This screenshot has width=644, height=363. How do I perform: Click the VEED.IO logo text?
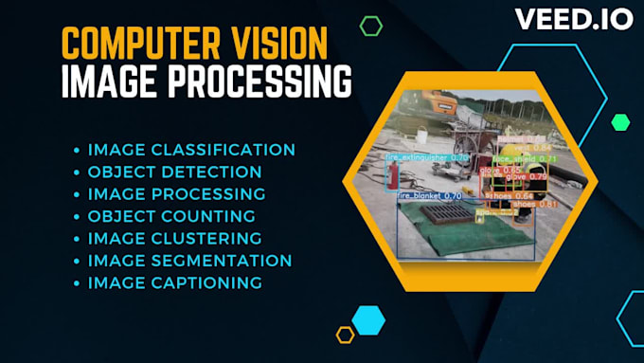click(x=575, y=20)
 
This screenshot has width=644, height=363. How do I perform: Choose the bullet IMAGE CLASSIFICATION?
click(x=191, y=150)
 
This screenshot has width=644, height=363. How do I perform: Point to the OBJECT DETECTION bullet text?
click(x=174, y=172)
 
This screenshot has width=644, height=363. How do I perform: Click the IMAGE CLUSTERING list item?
click(x=174, y=238)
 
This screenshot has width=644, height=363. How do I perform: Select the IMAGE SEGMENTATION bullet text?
click(x=189, y=260)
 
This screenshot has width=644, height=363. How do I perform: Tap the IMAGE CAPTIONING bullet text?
click(x=174, y=282)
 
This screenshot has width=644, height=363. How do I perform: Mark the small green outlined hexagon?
click(x=370, y=26)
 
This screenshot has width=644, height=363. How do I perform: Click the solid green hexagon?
click(x=620, y=121)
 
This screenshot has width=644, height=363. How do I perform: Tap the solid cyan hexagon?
click(x=367, y=318)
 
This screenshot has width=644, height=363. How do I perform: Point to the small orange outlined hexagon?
click(x=345, y=334)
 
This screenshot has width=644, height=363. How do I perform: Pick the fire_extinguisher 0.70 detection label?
click(x=427, y=156)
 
